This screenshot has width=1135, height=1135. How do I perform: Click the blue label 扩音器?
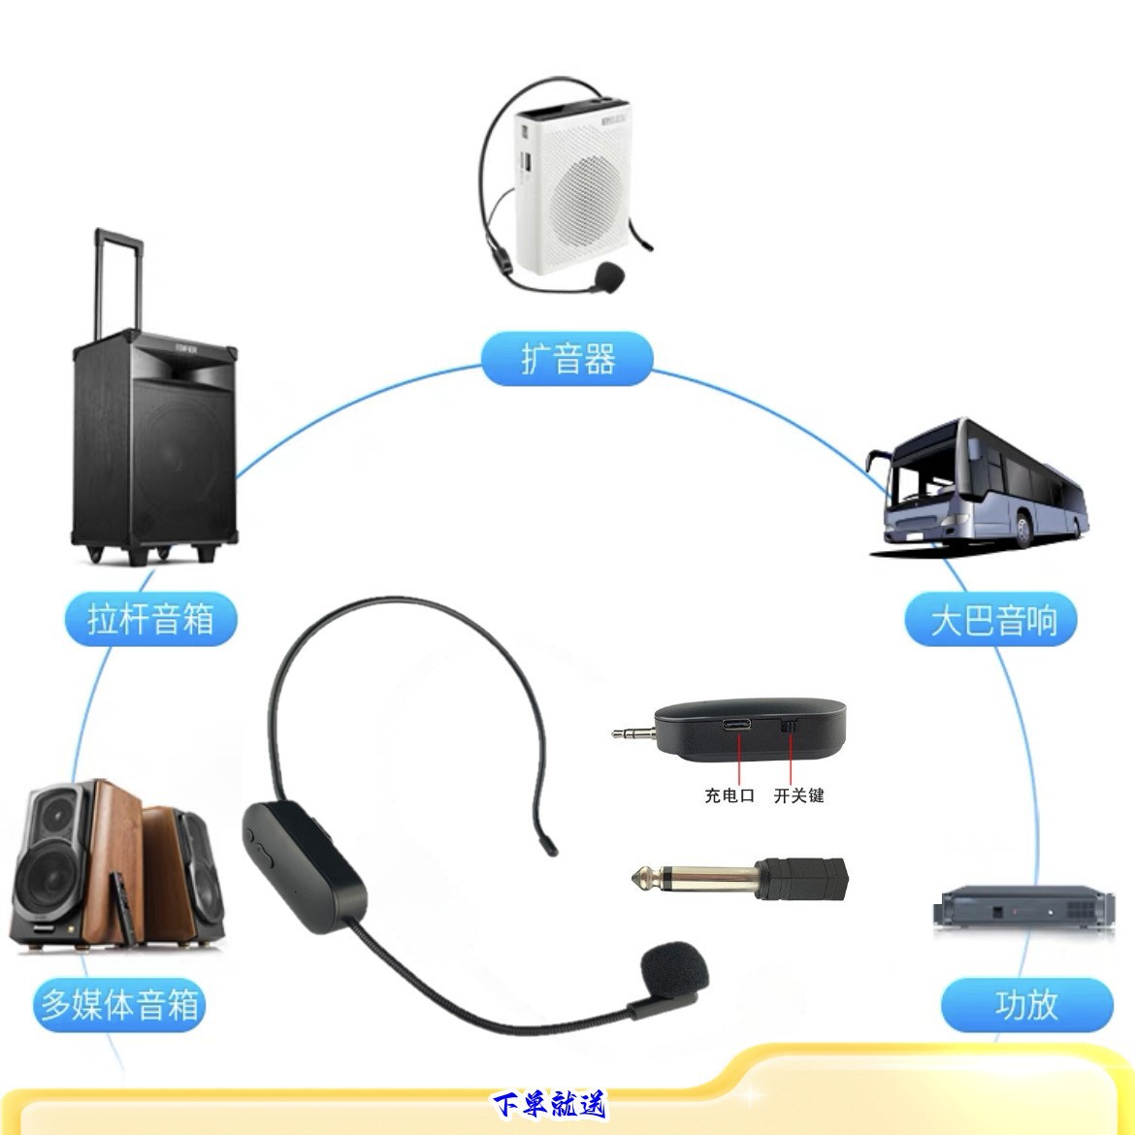pyautogui.click(x=567, y=359)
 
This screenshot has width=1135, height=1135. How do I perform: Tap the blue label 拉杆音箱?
pyautogui.click(x=150, y=618)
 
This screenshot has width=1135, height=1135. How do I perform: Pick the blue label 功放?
pyautogui.click(x=1026, y=1005)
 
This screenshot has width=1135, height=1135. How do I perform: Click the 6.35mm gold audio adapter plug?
pyautogui.click(x=679, y=879)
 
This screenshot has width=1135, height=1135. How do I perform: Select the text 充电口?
pyautogui.click(x=730, y=796)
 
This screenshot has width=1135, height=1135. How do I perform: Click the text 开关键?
pyautogui.click(x=798, y=796)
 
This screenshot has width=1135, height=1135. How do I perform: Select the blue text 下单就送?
pyautogui.click(x=548, y=1105)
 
